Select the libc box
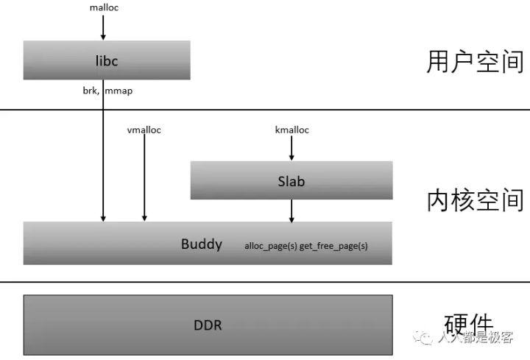coord(107,60)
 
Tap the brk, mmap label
coord(107,91)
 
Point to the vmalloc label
coord(144,130)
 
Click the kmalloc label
coord(291,130)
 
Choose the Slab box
coord(291,180)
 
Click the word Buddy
coord(202,244)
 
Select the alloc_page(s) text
coord(271,246)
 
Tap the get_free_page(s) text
coord(333,246)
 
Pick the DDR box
coord(208,325)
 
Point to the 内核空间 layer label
coord(475,200)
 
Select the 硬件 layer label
coord(469,323)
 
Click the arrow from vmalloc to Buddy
coord(144,177)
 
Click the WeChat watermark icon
coord(424,337)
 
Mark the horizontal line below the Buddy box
coord(265,281)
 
